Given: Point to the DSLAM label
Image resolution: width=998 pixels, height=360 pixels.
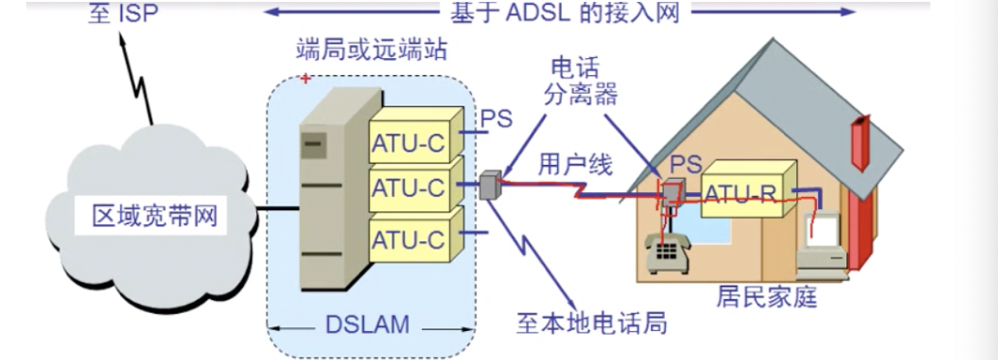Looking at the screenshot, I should point(368,325).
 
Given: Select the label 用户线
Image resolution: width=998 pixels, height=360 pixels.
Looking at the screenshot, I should point(575,166).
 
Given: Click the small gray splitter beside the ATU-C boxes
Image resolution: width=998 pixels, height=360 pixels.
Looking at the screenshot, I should point(488,186).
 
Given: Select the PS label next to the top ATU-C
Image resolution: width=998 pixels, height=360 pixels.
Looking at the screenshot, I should point(496,120).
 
